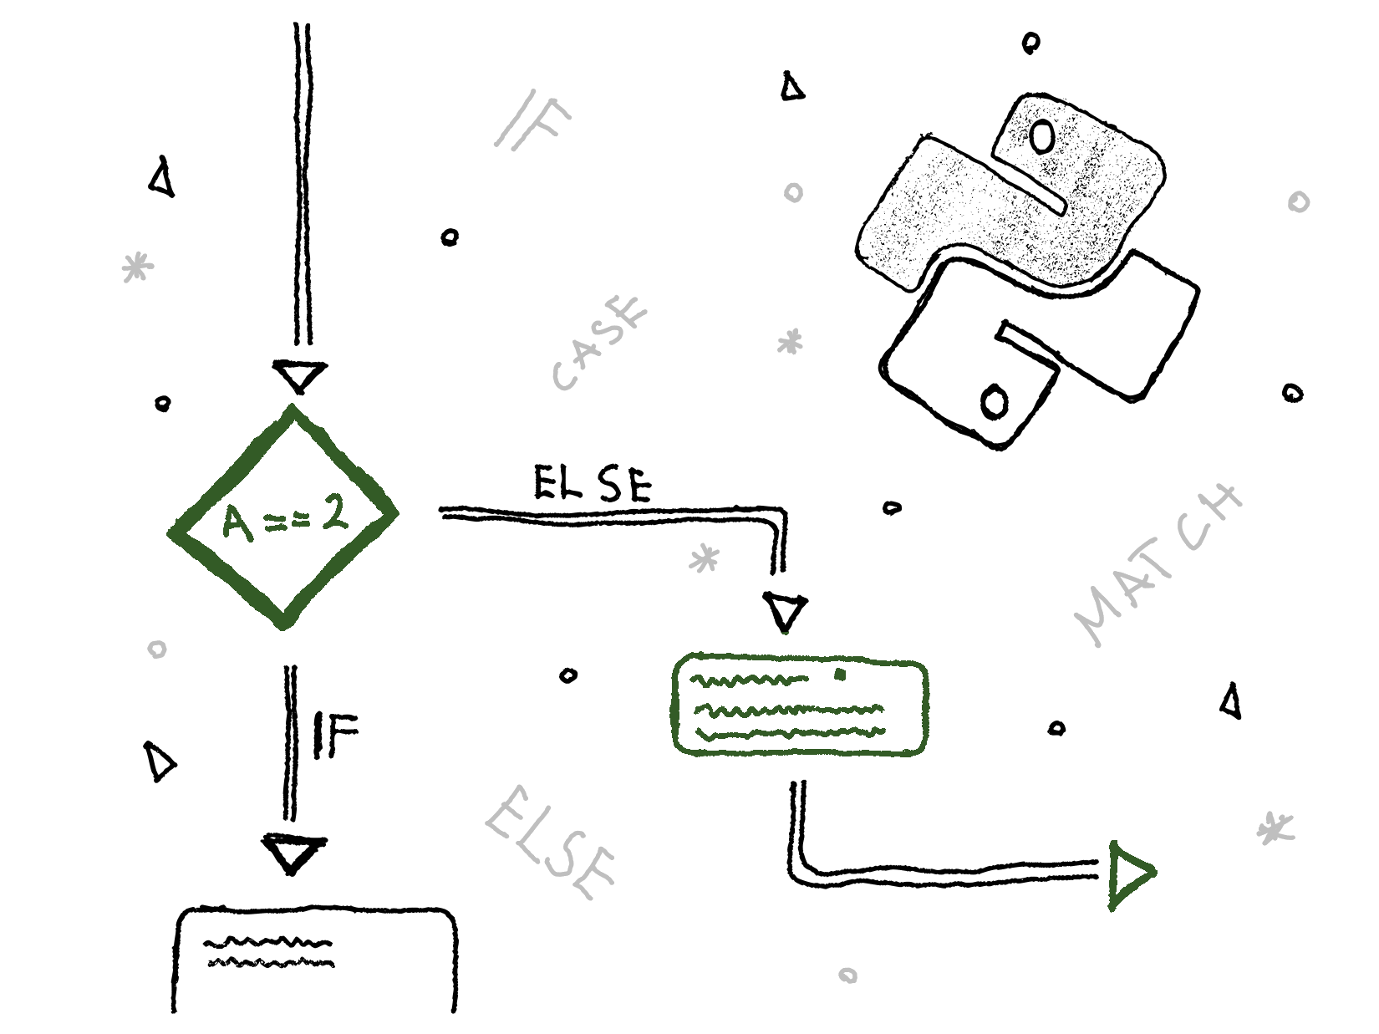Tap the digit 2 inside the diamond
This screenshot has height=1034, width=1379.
(x=335, y=513)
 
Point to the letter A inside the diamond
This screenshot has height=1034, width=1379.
(x=237, y=524)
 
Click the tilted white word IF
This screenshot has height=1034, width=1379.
(x=533, y=121)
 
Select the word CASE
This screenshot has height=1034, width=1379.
(x=600, y=342)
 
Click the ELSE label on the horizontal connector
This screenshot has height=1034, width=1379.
(x=592, y=483)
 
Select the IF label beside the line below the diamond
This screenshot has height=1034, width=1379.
(x=334, y=735)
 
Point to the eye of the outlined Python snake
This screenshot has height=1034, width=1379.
(x=995, y=403)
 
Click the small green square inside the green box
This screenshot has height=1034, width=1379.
(x=841, y=674)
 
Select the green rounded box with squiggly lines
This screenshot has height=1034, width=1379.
(x=800, y=707)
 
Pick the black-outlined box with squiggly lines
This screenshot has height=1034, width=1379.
(x=315, y=961)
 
